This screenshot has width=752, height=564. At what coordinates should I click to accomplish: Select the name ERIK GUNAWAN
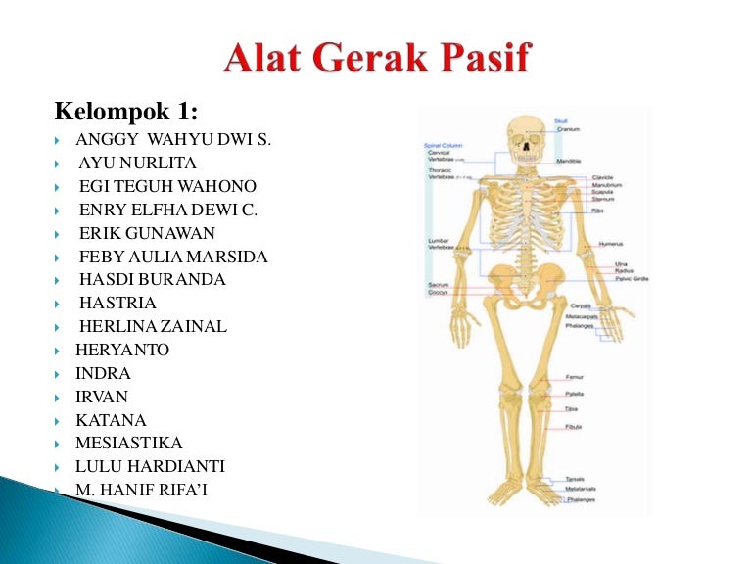point(147,233)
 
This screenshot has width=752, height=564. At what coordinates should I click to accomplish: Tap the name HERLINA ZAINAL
point(153,326)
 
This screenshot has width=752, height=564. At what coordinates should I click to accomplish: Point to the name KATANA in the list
point(111,420)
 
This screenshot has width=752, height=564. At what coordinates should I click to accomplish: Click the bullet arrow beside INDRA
point(60,374)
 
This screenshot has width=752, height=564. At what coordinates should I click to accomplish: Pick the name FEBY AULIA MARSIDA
point(173,257)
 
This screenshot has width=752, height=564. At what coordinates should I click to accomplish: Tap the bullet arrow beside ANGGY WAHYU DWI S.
point(60,140)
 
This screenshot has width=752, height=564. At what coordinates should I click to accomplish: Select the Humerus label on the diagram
point(611,244)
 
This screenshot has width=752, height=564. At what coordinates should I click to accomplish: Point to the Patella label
point(574,393)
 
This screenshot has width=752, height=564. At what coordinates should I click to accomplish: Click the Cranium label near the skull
point(568,129)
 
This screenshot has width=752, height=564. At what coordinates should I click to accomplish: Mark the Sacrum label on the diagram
point(438,285)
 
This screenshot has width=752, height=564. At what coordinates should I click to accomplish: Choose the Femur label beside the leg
point(575,377)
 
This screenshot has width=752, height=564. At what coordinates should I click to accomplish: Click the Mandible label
point(569,160)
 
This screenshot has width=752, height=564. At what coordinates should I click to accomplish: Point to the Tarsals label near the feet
point(575,479)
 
